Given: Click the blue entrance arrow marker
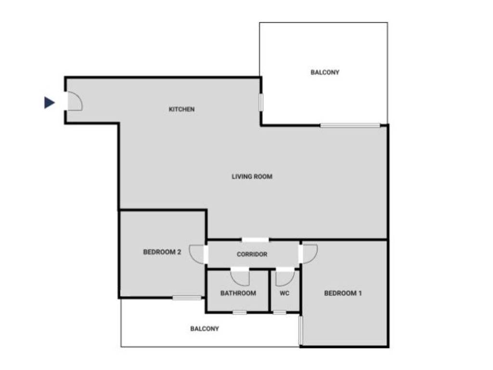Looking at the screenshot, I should [x=49, y=103].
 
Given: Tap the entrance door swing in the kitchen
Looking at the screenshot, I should [x=74, y=102].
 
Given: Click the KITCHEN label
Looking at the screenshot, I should [x=182, y=109].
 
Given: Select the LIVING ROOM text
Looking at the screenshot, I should [x=252, y=177].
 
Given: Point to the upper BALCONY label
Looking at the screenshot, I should [x=325, y=72].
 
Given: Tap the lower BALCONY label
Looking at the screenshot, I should [x=205, y=329].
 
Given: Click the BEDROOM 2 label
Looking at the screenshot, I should [x=162, y=252].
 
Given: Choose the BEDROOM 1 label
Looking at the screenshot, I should [x=343, y=293].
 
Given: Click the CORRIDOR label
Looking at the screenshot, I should [x=252, y=254].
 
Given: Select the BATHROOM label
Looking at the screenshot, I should [x=238, y=293].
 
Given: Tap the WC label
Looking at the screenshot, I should [x=285, y=293].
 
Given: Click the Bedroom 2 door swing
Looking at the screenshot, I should [x=197, y=254].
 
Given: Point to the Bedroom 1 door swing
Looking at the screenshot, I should [x=309, y=253].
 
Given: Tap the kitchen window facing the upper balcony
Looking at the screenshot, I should [x=261, y=102].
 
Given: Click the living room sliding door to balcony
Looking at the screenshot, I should [x=350, y=126].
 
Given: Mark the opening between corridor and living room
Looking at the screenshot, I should [x=255, y=240].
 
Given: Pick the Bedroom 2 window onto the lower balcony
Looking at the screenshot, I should [x=187, y=298].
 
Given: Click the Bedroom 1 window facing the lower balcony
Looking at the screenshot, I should [x=300, y=330].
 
